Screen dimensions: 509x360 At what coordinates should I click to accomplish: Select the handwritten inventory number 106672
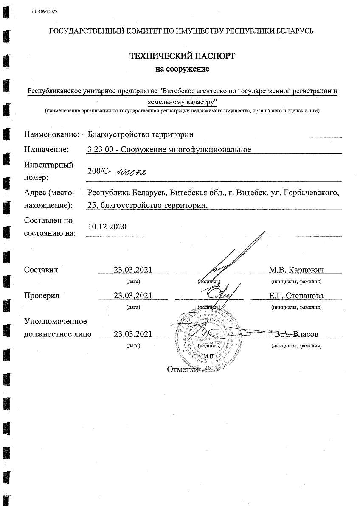[x=131, y=172]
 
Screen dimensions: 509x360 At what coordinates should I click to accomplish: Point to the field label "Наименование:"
[x=52, y=135]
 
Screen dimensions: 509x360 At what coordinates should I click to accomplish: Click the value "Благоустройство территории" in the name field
[x=140, y=135]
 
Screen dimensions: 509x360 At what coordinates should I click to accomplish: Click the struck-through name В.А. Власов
[x=296, y=334]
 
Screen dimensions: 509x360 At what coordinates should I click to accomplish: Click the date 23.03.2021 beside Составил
[x=133, y=270]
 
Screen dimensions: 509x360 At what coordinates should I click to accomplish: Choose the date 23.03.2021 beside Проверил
[x=133, y=296]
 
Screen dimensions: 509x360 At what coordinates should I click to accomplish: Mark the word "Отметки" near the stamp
[x=183, y=369]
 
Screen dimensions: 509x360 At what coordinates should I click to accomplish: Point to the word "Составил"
[x=41, y=270]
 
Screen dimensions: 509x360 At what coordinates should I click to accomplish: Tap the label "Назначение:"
[x=46, y=149]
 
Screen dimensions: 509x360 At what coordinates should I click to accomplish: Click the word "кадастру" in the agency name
[x=200, y=102]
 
